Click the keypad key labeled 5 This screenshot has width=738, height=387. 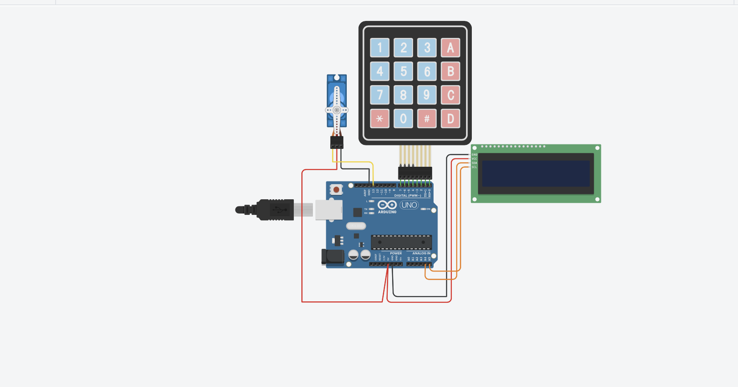click(403, 71)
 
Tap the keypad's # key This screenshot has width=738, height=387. click(427, 119)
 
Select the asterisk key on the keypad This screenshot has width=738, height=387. click(380, 119)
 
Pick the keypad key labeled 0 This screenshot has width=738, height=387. click(403, 119)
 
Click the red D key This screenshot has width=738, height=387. click(450, 119)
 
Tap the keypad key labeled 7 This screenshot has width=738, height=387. click(380, 95)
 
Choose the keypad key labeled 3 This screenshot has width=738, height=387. click(427, 48)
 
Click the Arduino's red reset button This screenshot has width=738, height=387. click(336, 190)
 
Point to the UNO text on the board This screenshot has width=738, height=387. click(409, 205)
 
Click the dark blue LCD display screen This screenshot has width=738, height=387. click(535, 173)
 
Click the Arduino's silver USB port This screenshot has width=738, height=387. click(328, 210)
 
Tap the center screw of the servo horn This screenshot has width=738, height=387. click(337, 110)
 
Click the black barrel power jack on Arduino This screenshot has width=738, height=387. click(333, 257)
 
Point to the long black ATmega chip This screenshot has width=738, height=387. click(401, 242)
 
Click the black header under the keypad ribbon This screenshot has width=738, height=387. click(415, 173)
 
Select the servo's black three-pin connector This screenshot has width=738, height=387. click(337, 143)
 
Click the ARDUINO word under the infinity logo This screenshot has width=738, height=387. click(387, 212)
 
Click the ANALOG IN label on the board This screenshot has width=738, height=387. click(421, 253)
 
